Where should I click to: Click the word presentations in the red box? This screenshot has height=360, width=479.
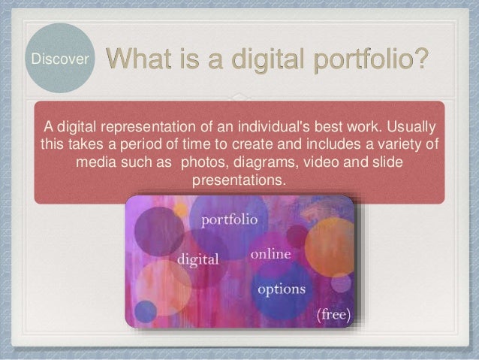click(239, 181)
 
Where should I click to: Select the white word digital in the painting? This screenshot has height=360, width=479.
click(198, 259)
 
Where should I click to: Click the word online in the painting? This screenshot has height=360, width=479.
click(270, 255)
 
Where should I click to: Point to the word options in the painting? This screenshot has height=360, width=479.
click(282, 289)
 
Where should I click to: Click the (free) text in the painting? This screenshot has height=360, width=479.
click(330, 314)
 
